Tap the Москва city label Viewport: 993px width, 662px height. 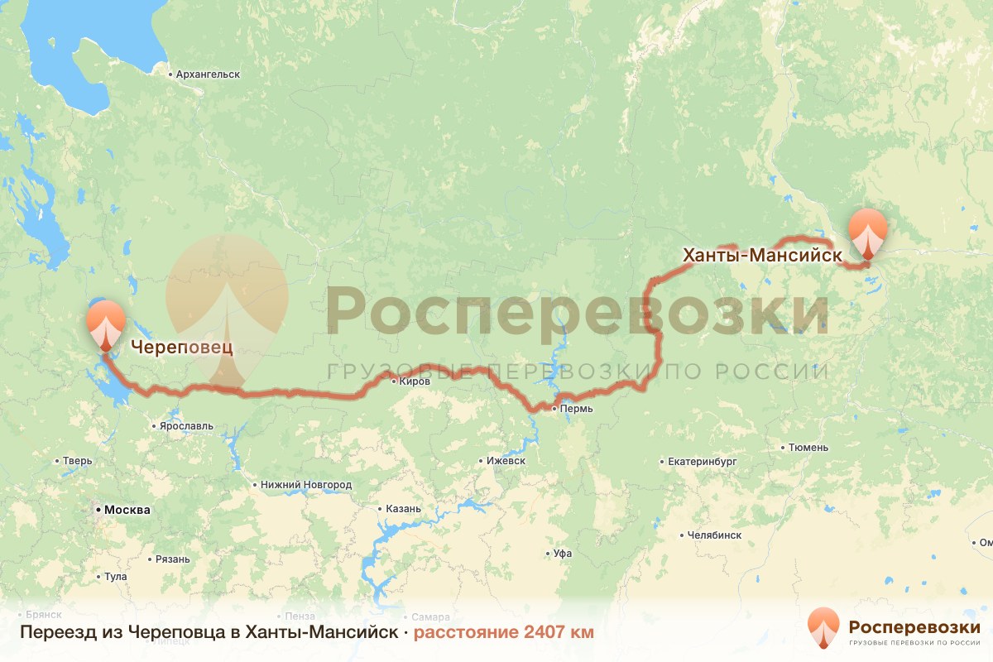coord(126,510)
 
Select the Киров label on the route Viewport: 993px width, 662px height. coord(414,381)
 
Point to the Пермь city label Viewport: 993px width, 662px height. coord(576,409)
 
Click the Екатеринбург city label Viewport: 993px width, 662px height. coord(702,461)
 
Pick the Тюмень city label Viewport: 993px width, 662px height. coord(808,448)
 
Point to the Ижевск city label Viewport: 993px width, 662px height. coord(506,460)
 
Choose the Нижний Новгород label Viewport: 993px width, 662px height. coord(305,485)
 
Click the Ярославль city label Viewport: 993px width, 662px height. coord(186,426)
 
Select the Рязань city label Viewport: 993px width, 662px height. coord(172,559)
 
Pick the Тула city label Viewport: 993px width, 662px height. coord(116,576)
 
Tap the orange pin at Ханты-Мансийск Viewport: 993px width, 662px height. coord(867,232)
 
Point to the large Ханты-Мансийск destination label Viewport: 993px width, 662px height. coord(762,256)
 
